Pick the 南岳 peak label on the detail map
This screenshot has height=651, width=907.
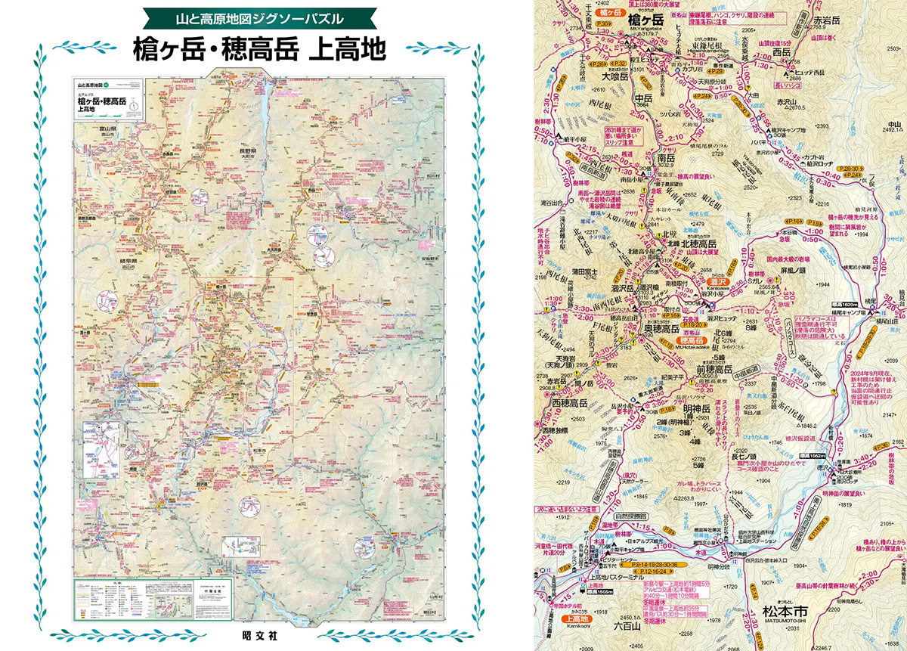665,160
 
